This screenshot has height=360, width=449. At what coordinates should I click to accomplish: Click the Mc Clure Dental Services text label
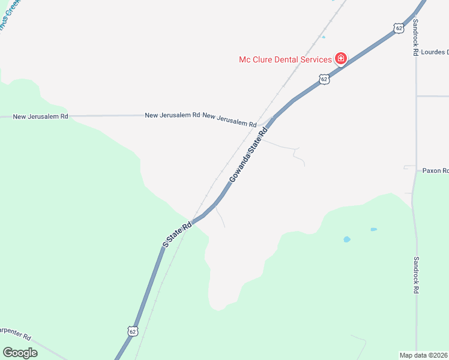285,59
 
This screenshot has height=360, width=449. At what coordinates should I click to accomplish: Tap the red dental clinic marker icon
340,58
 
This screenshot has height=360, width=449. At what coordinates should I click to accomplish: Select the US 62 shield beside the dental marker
324,79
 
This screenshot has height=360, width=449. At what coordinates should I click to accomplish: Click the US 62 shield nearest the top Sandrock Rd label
399,28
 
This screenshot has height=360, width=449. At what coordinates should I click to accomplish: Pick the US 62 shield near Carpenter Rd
133,331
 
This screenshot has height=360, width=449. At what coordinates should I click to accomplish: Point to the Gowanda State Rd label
247,155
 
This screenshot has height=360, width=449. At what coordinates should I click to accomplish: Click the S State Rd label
177,234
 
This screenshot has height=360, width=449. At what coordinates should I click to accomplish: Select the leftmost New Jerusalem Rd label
41,116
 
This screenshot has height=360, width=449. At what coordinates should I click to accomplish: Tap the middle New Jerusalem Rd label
172,115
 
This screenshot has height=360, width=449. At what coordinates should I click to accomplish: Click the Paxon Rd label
435,170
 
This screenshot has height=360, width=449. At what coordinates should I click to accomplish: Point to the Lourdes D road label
434,52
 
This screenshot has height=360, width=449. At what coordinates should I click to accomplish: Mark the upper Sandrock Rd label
415,37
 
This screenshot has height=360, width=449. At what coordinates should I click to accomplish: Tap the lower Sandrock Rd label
415,275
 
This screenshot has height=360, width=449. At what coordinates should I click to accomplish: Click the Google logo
20,352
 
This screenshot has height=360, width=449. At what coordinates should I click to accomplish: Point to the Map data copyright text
424,355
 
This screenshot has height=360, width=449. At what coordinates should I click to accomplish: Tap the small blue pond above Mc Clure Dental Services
323,37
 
